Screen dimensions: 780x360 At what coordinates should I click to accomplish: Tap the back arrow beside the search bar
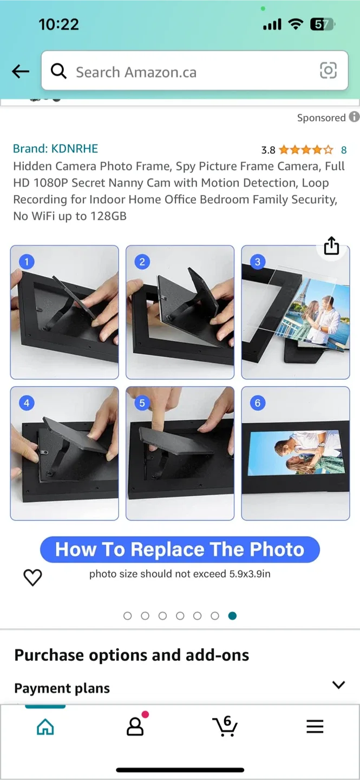coord(21,71)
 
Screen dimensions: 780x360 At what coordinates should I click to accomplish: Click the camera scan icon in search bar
coord(328,70)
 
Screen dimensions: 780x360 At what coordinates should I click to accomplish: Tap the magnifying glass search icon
coord(58,71)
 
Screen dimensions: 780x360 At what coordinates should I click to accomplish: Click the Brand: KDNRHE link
coord(55,148)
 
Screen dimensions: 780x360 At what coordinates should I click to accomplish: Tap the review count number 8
coord(343,150)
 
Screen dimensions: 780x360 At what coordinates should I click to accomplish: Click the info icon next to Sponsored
coord(354,117)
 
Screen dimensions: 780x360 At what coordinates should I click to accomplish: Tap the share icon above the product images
coord(331,246)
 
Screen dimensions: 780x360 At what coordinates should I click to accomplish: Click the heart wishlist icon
coord(32,577)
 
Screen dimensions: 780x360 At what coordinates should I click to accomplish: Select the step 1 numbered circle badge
coord(26,262)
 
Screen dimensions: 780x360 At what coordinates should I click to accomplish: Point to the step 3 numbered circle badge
coord(257,262)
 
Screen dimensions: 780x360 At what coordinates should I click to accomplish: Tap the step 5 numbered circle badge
coord(142,402)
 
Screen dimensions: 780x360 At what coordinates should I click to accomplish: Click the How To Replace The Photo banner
coord(180,550)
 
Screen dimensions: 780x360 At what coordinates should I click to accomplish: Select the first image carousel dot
coord(128,616)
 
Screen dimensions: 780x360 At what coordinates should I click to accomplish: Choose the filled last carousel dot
coord(232,616)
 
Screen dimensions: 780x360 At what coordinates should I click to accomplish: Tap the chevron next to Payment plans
coord(338,685)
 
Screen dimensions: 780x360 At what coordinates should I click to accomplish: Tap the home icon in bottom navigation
coord(45,726)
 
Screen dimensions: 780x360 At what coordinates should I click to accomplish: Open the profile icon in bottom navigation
coord(135,726)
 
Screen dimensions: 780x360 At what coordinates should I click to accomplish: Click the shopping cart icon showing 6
coord(225,726)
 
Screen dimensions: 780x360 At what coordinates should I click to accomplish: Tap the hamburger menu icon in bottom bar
coord(315,726)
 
